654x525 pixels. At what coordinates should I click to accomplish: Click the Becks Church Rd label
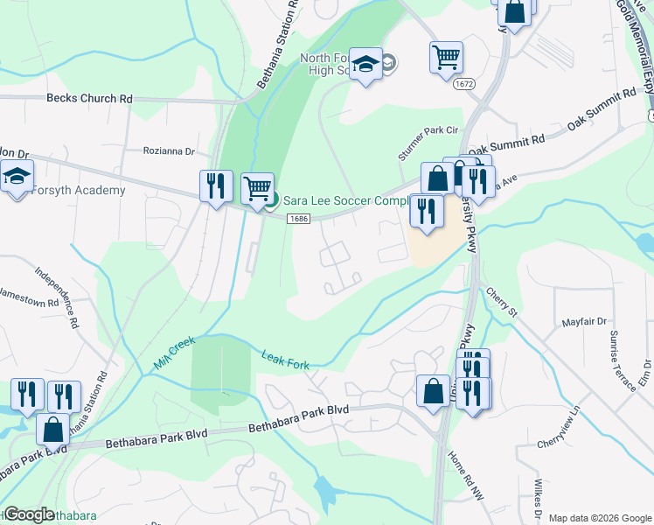pyautogui.click(x=89, y=99)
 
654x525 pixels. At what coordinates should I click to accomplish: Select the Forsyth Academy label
pyautogui.click(x=76, y=190)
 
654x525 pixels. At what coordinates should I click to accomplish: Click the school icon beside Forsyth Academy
pyautogui.click(x=17, y=177)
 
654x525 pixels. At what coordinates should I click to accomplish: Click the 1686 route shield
pyautogui.click(x=299, y=218)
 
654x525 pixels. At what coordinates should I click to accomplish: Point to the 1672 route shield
pyautogui.click(x=463, y=84)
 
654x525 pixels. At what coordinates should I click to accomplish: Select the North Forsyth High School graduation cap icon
pyautogui.click(x=366, y=64)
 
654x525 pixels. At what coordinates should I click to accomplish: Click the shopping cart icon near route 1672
pyautogui.click(x=446, y=58)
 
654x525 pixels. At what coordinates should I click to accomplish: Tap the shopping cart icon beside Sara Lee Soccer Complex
pyautogui.click(x=257, y=188)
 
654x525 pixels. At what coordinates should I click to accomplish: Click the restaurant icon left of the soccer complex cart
pyautogui.click(x=215, y=186)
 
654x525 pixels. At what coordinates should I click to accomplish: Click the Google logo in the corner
pyautogui.click(x=29, y=514)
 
